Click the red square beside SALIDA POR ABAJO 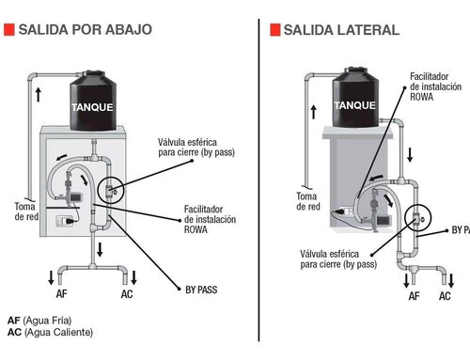(x=9, y=29)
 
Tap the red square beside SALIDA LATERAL (x=275, y=30)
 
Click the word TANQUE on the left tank (x=92, y=107)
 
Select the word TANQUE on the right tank (x=354, y=105)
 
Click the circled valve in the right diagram (x=417, y=217)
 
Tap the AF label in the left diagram (x=62, y=294)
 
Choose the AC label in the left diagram (x=127, y=294)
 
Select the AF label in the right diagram (x=414, y=296)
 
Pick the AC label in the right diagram (x=445, y=296)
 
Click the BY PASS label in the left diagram (x=201, y=290)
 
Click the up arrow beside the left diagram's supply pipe (x=39, y=94)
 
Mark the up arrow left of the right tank (x=314, y=112)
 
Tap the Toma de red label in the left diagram (x=26, y=211)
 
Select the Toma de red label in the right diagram (x=308, y=201)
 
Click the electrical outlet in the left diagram (x=65, y=221)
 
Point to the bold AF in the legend (x=14, y=321)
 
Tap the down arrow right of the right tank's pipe (x=410, y=155)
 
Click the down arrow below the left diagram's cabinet (x=100, y=249)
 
